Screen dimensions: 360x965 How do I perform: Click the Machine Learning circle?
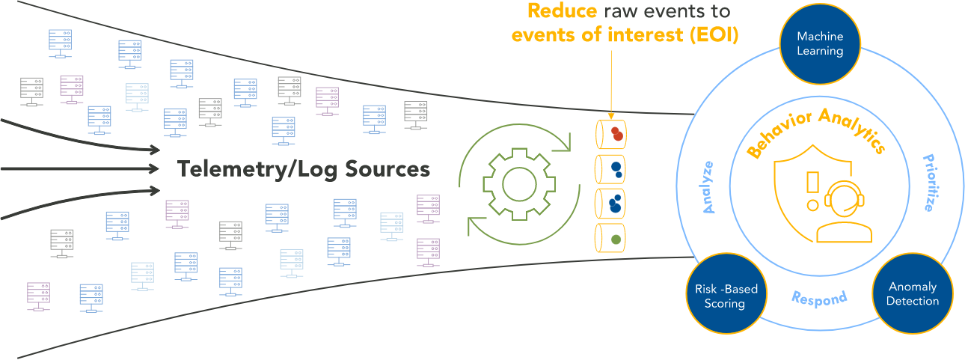(820, 44)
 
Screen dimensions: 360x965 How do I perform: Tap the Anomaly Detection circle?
(912, 293)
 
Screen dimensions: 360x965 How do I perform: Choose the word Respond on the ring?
(819, 298)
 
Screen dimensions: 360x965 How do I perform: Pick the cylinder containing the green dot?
(610, 238)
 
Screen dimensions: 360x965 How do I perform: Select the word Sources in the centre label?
(387, 169)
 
